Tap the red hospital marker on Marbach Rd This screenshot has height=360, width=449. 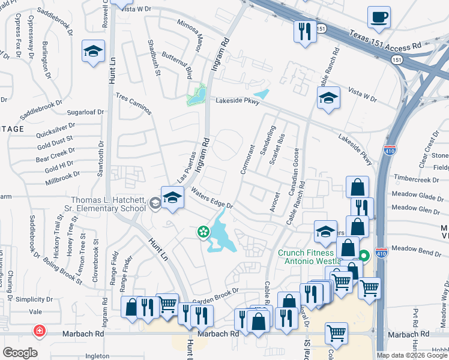pyautogui.click(x=40, y=331)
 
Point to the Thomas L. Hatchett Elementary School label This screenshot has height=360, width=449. pyautogui.click(x=108, y=205)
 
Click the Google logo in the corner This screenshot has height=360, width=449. pyautogui.click(x=20, y=353)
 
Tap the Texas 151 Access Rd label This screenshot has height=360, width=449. pyautogui.click(x=386, y=40)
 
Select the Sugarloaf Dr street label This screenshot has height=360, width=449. pyautogui.click(x=85, y=112)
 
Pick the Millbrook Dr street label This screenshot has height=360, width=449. pyautogui.click(x=62, y=176)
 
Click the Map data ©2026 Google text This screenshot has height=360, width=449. pyautogui.click(x=411, y=355)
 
